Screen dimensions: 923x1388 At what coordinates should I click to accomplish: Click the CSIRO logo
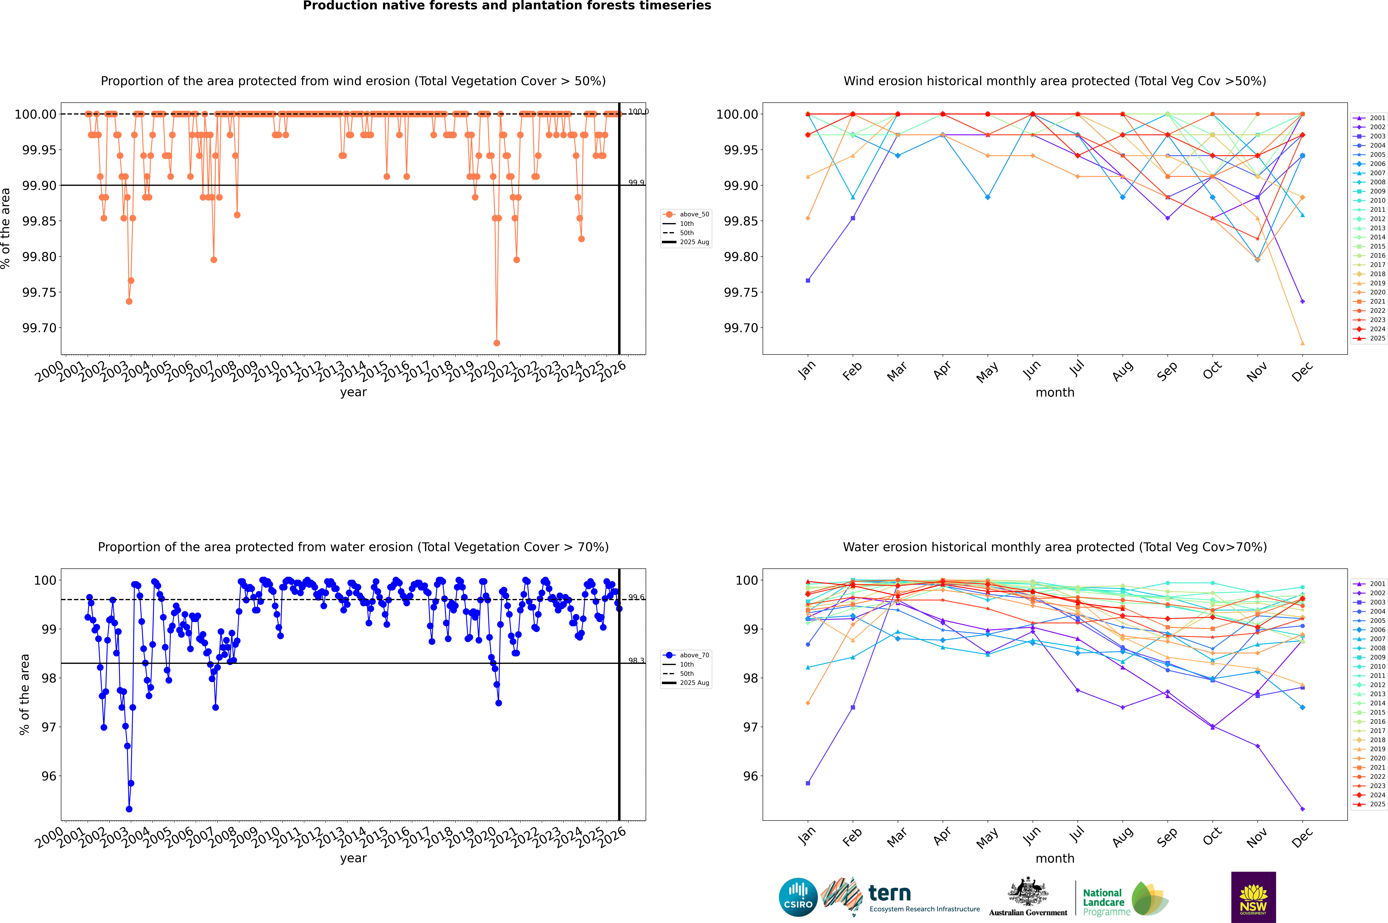798,897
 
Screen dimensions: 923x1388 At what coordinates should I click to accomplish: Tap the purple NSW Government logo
1253,897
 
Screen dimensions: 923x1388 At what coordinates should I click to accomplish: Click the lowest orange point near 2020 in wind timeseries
497,343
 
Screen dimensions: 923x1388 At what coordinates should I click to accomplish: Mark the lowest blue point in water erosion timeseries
129,809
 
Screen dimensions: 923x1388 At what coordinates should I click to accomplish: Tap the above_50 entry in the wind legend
694,214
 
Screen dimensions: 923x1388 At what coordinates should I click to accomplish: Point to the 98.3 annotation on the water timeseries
636,660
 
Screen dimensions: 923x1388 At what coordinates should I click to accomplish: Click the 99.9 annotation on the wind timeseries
636,182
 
